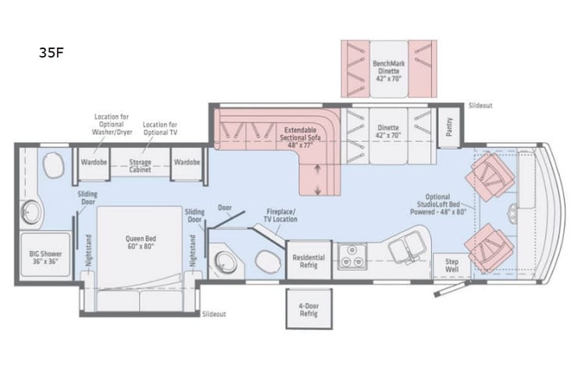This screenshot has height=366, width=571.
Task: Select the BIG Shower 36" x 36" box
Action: (x=45, y=258)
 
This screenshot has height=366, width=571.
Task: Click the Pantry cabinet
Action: (x=449, y=127)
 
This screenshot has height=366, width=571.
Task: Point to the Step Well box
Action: (x=451, y=265)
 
